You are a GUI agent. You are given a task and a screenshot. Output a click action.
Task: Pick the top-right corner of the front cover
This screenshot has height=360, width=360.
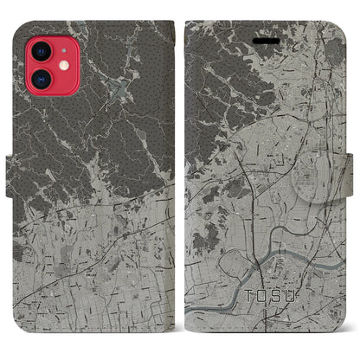pyautogui.click(x=339, y=27)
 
